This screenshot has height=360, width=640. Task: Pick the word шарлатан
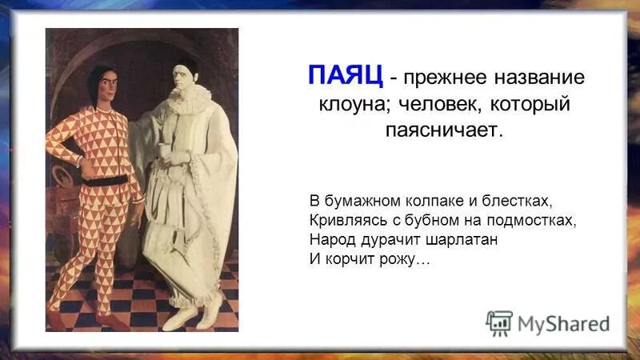click(x=463, y=239)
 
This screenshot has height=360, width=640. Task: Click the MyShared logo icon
click(x=498, y=323)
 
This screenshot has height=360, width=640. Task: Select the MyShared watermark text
click(x=563, y=324)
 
